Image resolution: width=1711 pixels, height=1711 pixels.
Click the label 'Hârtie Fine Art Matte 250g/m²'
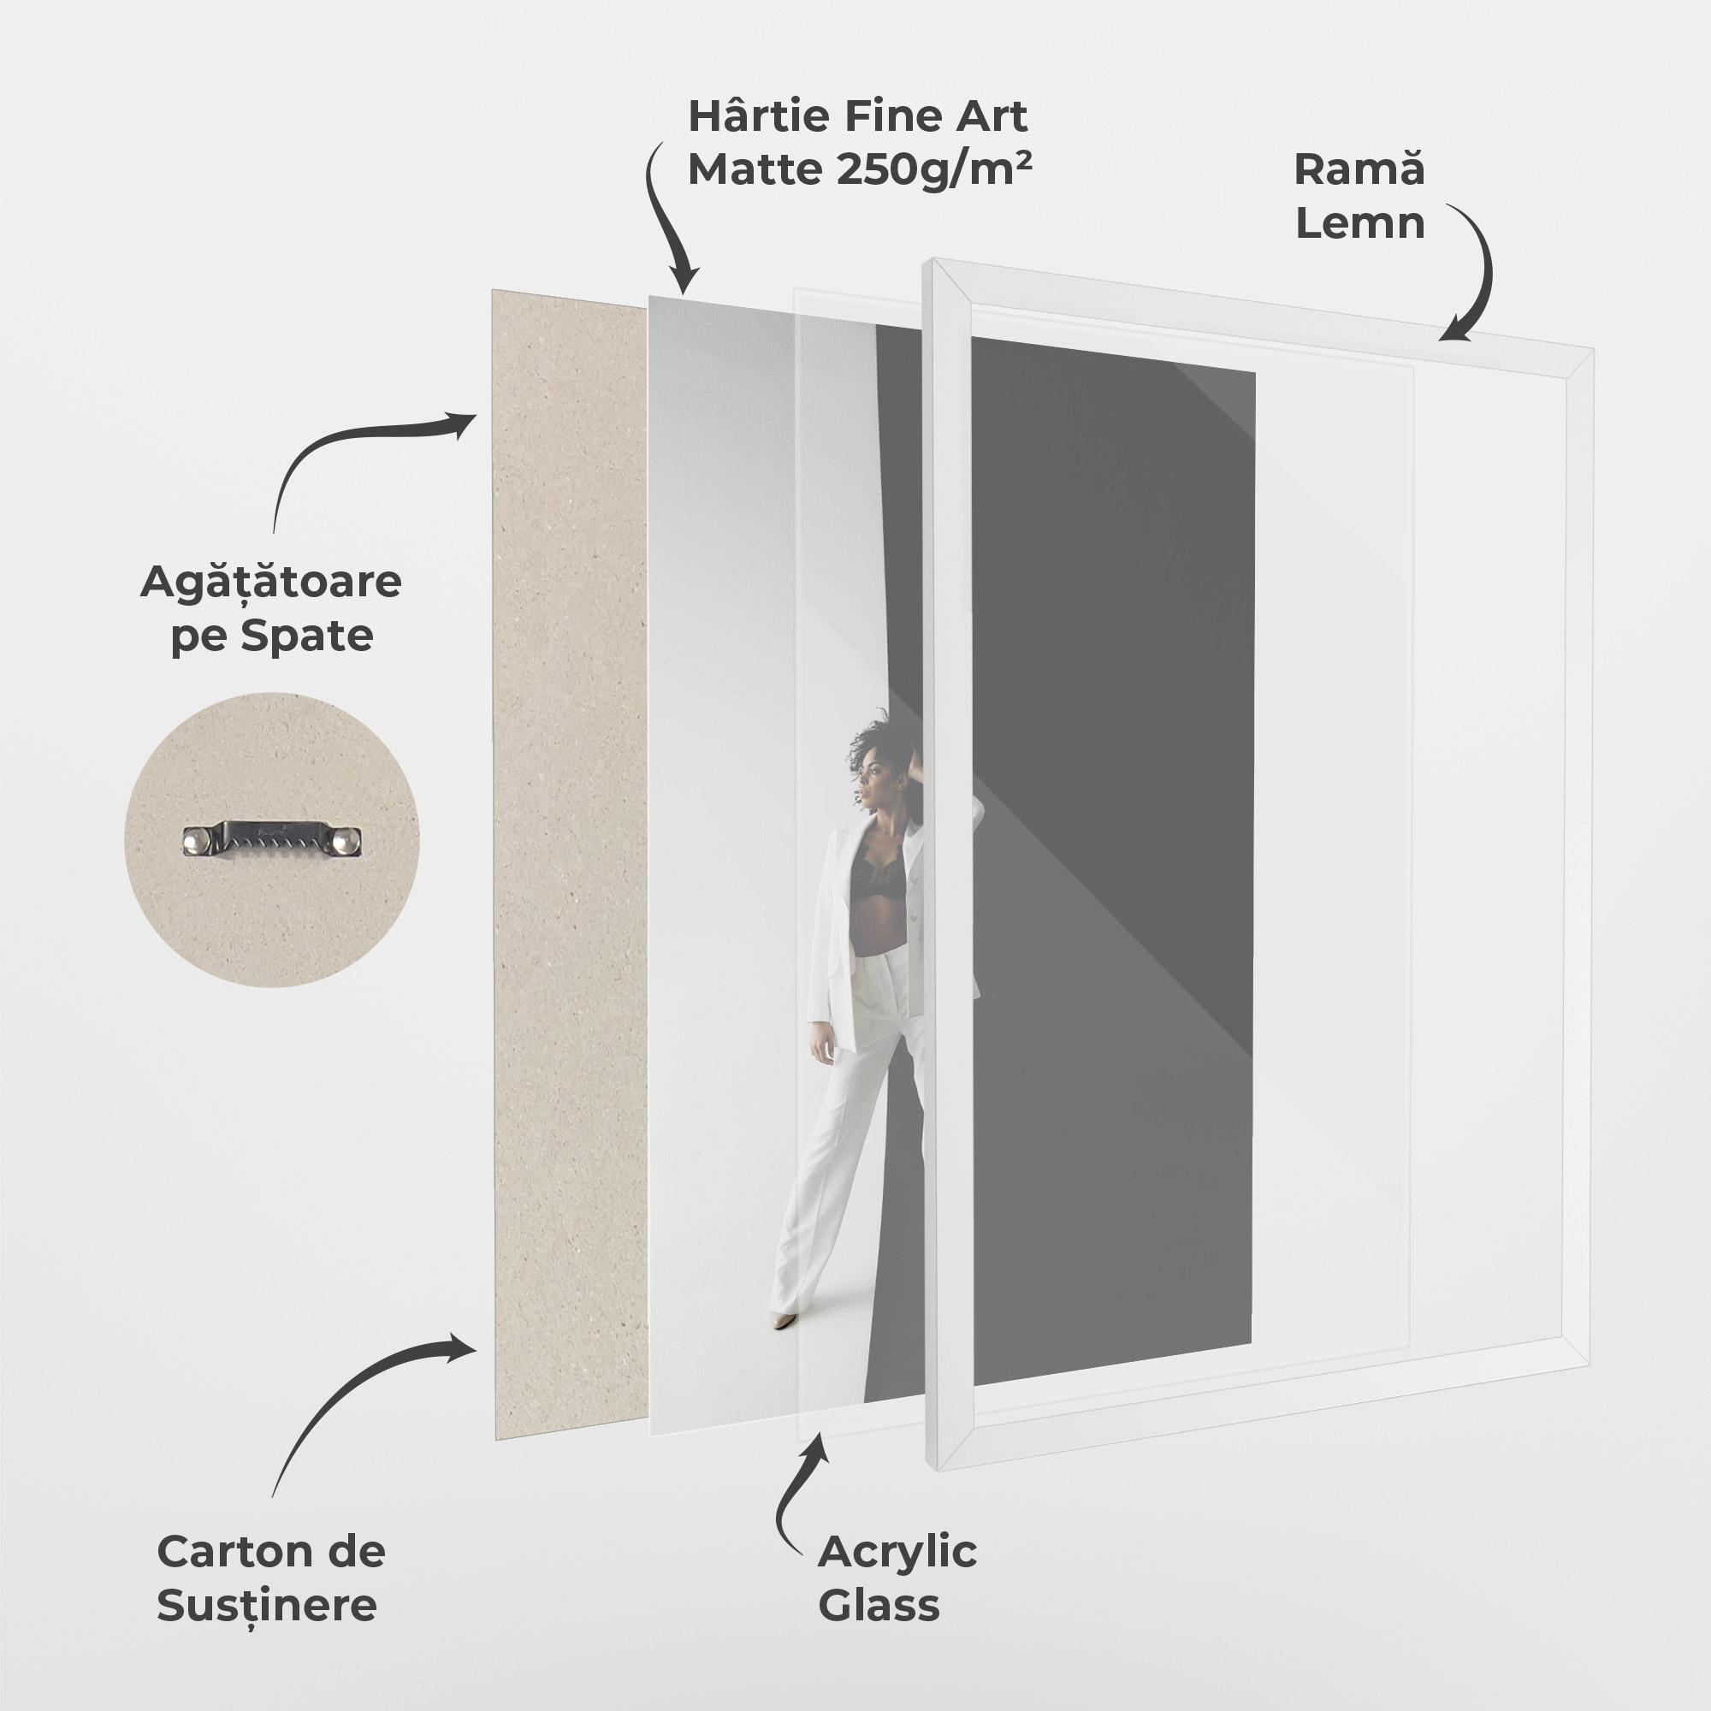858,143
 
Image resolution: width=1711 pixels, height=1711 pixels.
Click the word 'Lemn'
1360,222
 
